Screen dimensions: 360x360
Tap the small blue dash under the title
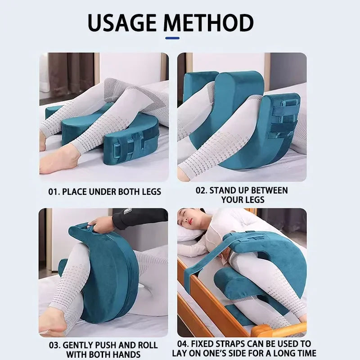click(x=172, y=38)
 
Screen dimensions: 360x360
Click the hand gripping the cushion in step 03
click(x=102, y=223)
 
